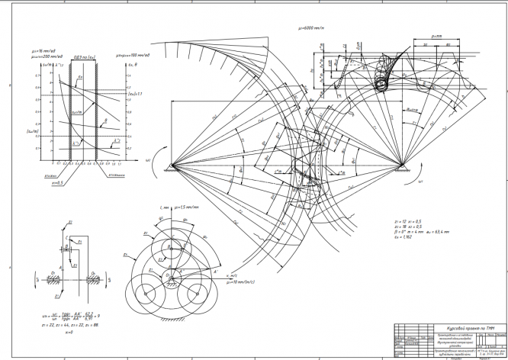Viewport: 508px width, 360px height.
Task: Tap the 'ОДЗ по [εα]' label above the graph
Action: point(79,56)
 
